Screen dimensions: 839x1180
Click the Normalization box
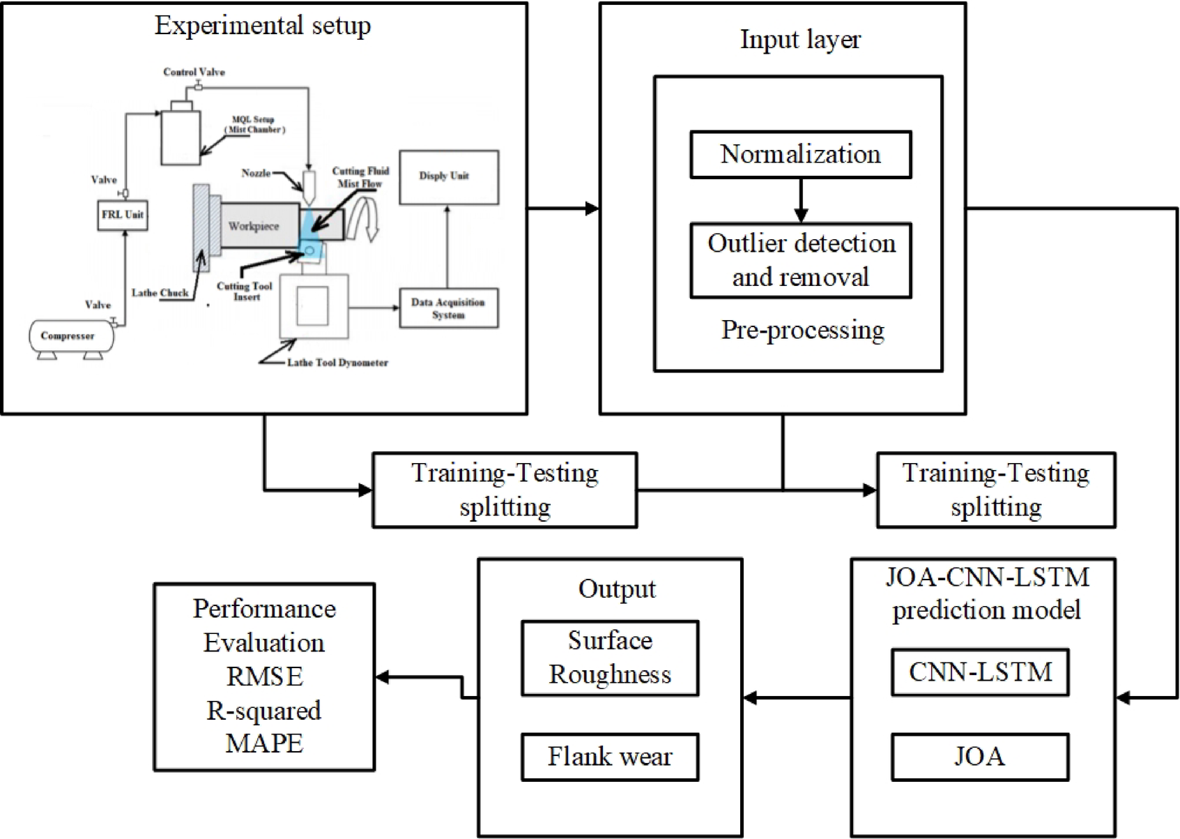800,154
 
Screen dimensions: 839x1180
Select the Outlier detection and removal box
800,260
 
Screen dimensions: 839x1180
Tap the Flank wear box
609,757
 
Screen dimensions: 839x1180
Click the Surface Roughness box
609,658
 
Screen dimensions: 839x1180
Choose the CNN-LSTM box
979,672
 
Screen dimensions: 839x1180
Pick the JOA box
979,757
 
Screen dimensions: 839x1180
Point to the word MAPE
264,743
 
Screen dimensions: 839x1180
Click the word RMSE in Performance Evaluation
264,677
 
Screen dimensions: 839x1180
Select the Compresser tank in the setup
68,336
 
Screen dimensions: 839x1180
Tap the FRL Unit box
122,215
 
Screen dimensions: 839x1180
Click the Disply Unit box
448,177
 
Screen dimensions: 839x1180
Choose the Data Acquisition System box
448,308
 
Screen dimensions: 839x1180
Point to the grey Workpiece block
254,226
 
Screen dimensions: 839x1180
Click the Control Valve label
194,72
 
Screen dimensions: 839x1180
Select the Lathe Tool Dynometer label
337,363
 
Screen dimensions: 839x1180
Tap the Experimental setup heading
263,26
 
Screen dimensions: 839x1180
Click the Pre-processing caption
802,330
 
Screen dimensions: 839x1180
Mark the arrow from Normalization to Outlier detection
800,201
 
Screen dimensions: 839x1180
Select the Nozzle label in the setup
256,173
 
